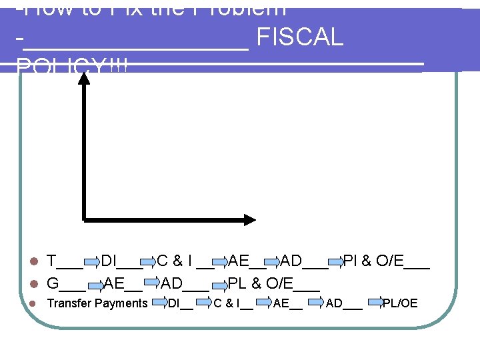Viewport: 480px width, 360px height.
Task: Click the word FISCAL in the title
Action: click(x=299, y=38)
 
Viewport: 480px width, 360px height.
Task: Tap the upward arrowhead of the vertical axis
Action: click(x=85, y=77)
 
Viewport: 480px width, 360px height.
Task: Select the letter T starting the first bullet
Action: click(x=51, y=261)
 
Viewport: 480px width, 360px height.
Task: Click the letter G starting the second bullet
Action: click(x=53, y=283)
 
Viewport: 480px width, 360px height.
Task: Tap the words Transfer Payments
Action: click(x=97, y=304)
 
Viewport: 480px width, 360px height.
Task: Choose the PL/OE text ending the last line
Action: click(x=400, y=304)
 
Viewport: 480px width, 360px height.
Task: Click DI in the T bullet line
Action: click(x=109, y=261)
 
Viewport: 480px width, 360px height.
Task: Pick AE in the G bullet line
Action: click(x=115, y=283)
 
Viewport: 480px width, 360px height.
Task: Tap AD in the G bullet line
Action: click(x=172, y=283)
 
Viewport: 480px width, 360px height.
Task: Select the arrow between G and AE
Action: click(x=94, y=283)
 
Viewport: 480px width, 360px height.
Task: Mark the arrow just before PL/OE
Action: click(x=374, y=305)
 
